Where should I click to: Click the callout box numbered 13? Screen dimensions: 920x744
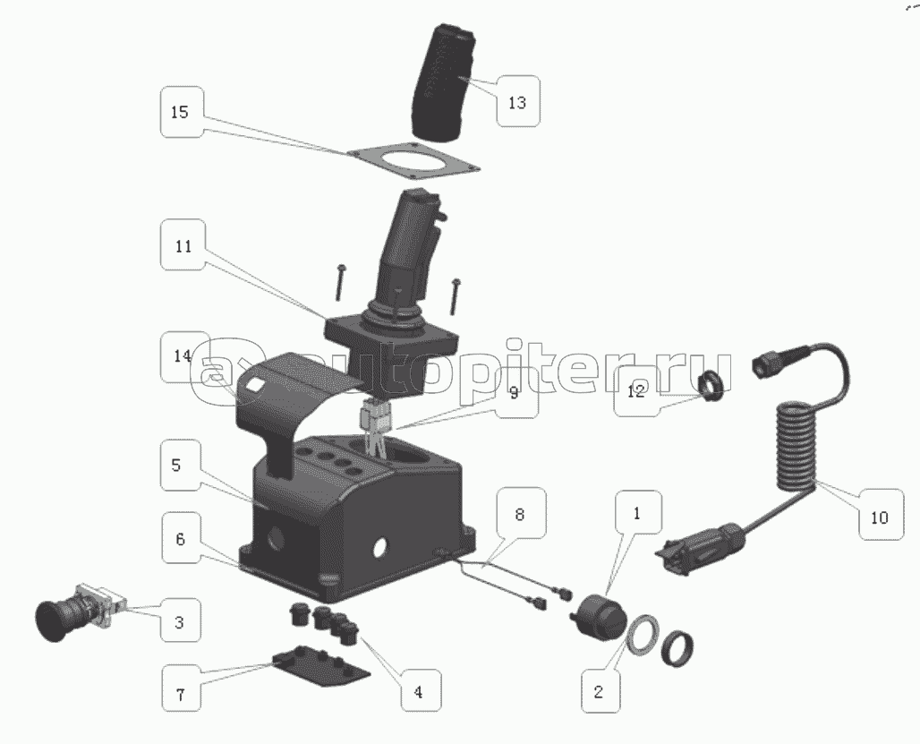click(517, 101)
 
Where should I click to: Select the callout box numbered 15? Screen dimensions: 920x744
click(182, 112)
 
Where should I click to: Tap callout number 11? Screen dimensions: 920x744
click(183, 244)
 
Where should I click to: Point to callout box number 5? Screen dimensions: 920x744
click(180, 465)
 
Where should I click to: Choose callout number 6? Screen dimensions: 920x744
click(180, 538)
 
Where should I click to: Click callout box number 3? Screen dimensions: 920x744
click(181, 620)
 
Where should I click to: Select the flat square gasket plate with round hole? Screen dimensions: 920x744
click(413, 159)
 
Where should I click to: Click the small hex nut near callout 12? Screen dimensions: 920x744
click(712, 386)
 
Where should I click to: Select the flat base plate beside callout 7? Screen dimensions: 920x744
click(320, 668)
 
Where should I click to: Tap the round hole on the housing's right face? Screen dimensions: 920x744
click(380, 547)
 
